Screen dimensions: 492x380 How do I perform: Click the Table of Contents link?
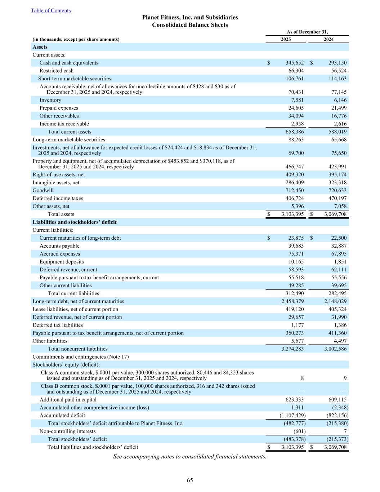tap(51, 10)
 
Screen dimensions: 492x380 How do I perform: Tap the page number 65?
tap(190, 480)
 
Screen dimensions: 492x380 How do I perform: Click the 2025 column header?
tap(286, 39)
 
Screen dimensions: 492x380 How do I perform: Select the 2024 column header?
tap(328, 39)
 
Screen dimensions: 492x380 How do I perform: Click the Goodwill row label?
tap(43, 190)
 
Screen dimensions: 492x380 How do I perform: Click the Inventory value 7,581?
tap(297, 100)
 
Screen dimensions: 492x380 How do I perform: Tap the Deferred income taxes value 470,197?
tap(335, 198)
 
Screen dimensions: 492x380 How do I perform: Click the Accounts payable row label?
tap(59, 246)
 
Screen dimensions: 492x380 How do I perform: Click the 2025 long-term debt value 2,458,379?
tap(292, 301)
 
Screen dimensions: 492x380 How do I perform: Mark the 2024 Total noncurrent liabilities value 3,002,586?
tap(335, 349)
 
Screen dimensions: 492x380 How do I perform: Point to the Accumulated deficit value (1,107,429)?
tap(292, 416)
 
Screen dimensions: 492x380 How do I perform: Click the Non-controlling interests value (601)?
tap(299, 431)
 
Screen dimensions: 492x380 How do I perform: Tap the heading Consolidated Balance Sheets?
tap(190, 25)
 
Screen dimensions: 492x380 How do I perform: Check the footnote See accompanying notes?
tap(190, 457)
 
